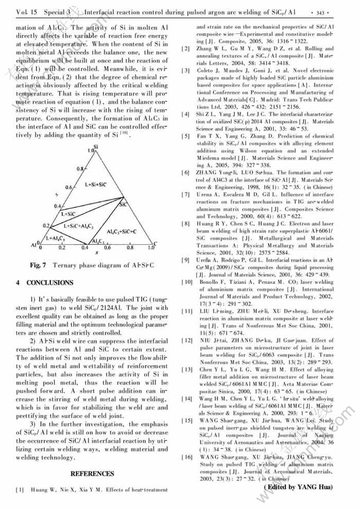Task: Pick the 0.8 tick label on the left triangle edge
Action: click(79, 168)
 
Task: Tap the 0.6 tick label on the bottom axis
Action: click(107, 248)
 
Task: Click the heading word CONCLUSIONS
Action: click(50, 283)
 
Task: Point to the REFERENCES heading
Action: click(93, 474)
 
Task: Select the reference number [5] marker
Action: click(185, 137)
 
